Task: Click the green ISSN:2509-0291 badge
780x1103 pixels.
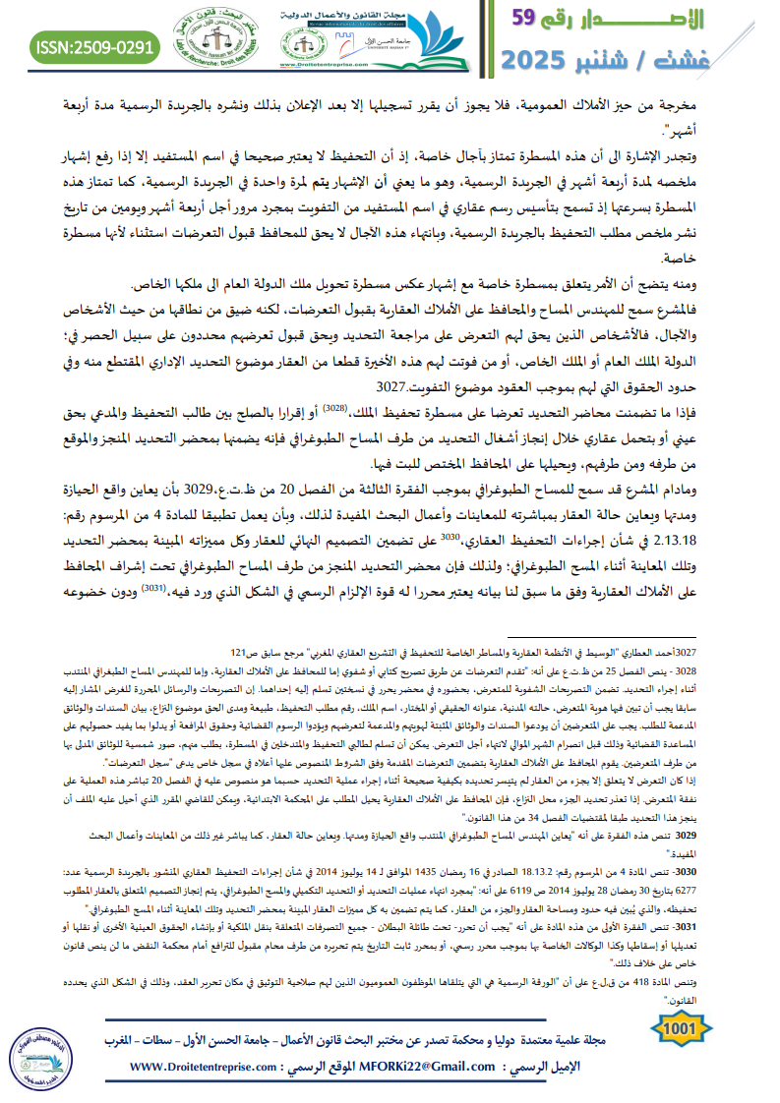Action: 94,45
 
